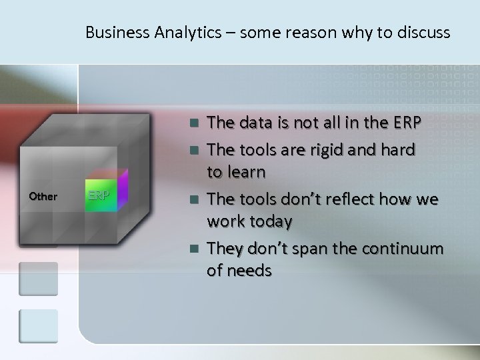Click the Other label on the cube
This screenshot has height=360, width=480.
43,197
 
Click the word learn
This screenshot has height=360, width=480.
246,173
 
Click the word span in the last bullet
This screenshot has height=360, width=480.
317,249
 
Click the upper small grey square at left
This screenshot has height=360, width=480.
38,279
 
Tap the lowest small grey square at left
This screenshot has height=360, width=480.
38,327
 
